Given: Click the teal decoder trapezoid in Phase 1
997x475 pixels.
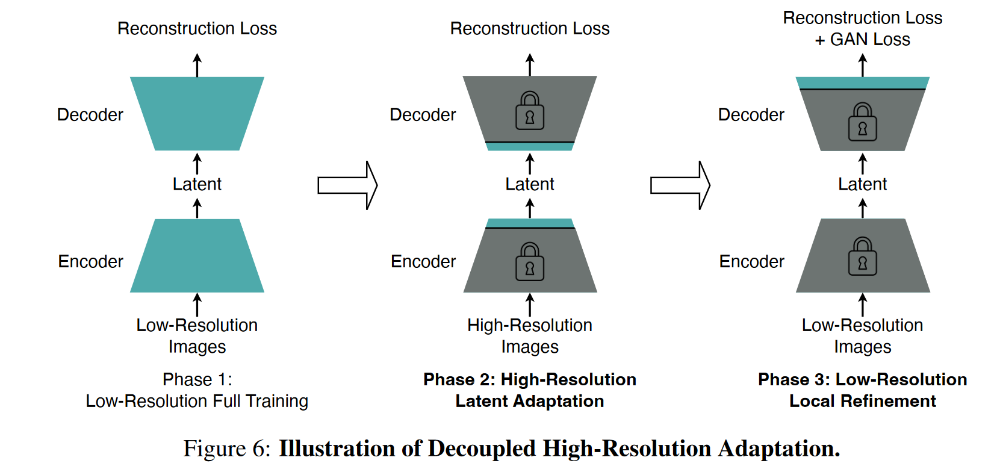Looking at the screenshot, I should point(197,113).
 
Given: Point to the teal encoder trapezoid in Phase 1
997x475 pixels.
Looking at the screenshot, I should point(197,256).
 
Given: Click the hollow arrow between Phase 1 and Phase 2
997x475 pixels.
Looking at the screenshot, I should point(347,185).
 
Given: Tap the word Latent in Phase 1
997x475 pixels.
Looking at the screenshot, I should point(197,184).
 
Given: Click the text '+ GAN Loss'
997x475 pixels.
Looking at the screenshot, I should point(862,40).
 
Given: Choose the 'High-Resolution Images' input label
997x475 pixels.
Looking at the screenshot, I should point(530,336).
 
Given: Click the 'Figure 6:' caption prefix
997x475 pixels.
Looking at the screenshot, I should point(227,449).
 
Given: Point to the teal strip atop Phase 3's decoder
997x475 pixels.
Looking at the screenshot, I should point(862,82).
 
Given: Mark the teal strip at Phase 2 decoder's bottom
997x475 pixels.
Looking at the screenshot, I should point(530,146).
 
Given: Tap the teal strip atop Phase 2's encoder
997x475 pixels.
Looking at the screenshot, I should point(530,223).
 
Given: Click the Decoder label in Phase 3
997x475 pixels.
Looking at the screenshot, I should point(751,115).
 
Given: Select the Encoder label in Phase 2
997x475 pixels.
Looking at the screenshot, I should point(423,262).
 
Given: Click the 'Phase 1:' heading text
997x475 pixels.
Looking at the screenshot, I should point(197,380).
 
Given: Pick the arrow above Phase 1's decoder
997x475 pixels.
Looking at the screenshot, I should point(197,65).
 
